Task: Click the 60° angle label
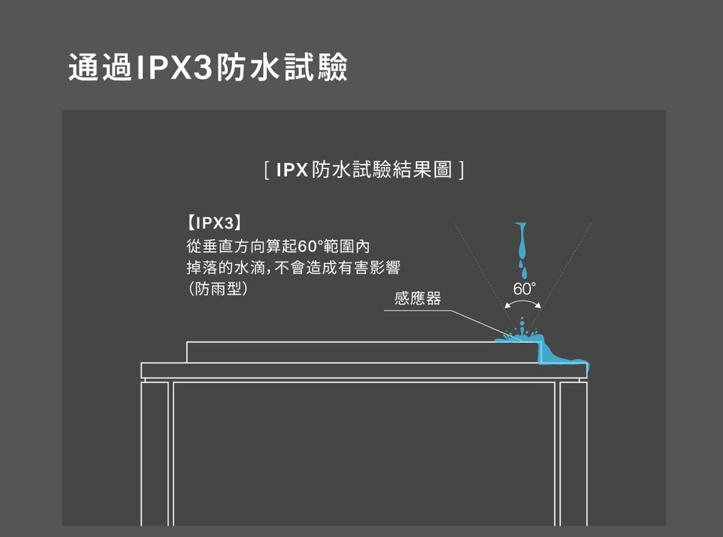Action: pos(524,290)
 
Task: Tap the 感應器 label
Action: pos(418,299)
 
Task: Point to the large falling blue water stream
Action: pos(519,241)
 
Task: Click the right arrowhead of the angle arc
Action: pos(540,306)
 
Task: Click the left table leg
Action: pos(157,451)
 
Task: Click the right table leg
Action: pos(572,451)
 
